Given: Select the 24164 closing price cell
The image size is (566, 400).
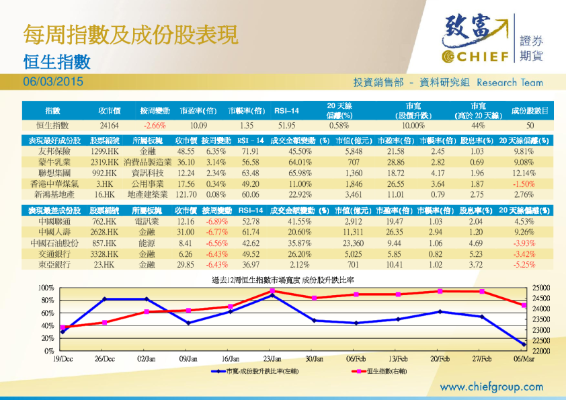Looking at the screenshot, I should coord(109,125).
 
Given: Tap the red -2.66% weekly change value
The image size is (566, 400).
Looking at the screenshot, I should coord(154,125).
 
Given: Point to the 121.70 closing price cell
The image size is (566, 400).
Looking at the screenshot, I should coord(184,194).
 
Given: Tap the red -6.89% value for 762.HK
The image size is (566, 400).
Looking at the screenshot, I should coord(216,222).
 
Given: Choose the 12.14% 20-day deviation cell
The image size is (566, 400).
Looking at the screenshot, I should coord(526,173).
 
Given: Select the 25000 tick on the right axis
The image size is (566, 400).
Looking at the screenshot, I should coord(541,288).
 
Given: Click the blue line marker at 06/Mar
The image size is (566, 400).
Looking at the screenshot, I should coord(524,344).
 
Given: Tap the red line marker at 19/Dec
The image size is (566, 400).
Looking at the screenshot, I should coord(63,327).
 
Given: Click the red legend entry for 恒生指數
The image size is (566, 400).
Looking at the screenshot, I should coord(376,371).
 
